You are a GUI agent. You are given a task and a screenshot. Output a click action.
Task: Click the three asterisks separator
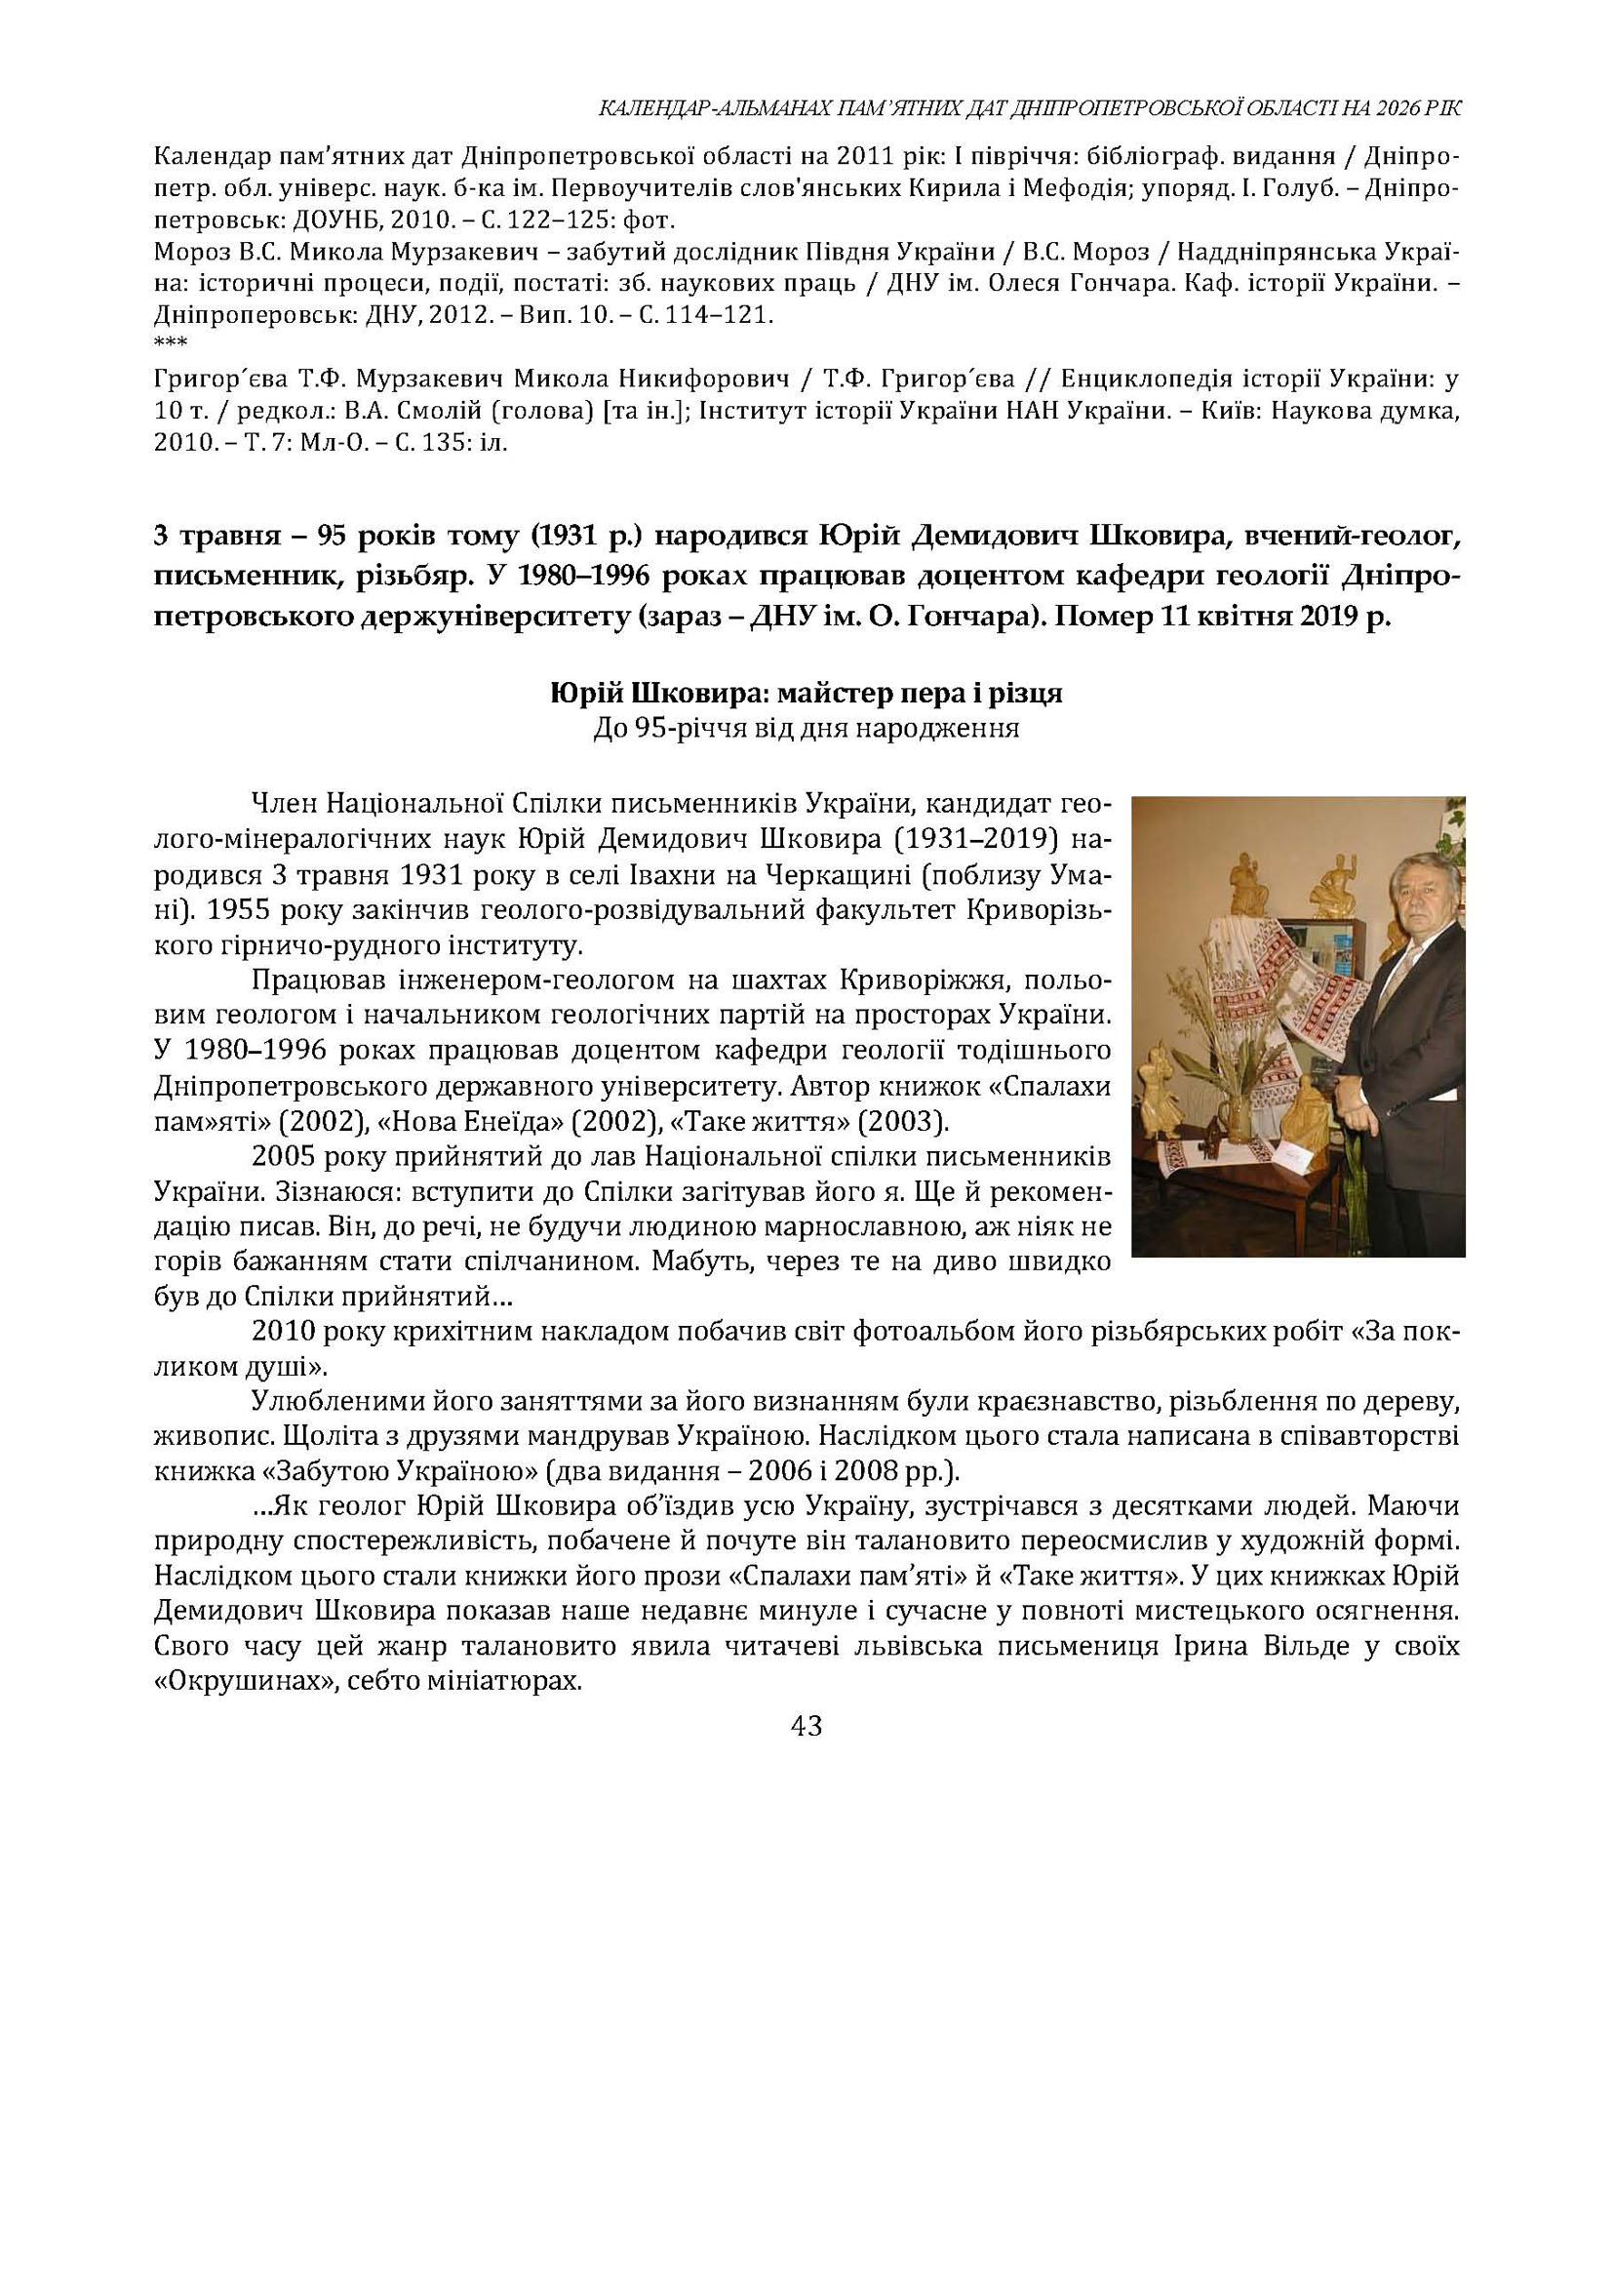[170, 343]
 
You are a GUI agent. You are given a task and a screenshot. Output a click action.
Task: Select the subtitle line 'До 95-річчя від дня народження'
[806, 729]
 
